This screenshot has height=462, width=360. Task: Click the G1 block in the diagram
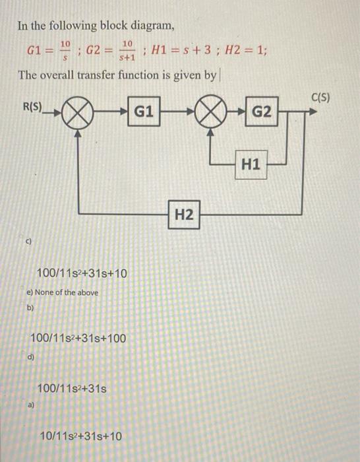pos(144,112)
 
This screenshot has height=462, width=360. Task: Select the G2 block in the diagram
pos(261,112)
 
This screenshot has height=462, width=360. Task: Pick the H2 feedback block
pos(185,214)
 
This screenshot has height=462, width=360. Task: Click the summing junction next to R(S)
pos(79,114)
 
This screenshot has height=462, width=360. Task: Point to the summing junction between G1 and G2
pos(211,114)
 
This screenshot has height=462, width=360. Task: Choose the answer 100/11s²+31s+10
pos(82,272)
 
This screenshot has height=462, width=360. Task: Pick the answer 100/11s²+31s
pos(73,389)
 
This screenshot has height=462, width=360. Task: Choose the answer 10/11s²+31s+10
pos(80,436)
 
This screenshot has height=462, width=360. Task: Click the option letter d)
pos(30,357)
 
